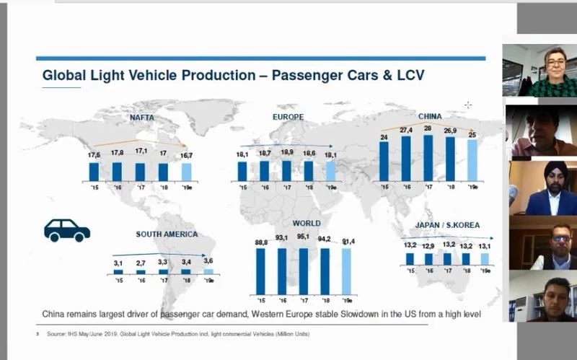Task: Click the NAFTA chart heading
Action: click(142, 117)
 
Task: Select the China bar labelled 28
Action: click(427, 157)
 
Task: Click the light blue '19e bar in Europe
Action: click(330, 171)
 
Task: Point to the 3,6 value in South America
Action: click(209, 260)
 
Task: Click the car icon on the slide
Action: click(67, 230)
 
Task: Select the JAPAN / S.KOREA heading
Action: click(447, 225)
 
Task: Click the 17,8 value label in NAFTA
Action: click(118, 152)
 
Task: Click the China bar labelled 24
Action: click(384, 160)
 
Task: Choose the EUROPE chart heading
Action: click(288, 117)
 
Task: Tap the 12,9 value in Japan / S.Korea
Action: click(428, 247)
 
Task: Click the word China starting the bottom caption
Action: click(56, 315)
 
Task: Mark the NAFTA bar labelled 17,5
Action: click(94, 171)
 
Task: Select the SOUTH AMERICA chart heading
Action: click(167, 234)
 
